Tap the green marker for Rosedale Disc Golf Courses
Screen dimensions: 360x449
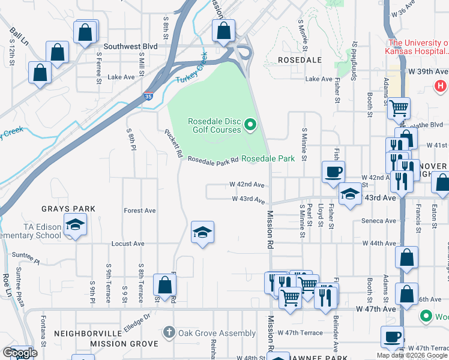pos(252,125)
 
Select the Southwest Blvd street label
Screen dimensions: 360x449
pos(130,46)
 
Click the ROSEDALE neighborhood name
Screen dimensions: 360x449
pos(300,60)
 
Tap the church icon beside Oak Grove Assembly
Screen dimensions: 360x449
pos(169,332)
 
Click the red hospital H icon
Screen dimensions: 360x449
pos(440,86)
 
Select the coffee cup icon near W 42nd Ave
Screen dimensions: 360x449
pos(333,172)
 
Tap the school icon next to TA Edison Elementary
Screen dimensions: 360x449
pos(75,225)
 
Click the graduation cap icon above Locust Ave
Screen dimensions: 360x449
pos(203,232)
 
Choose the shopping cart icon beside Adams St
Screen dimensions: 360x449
pos(399,109)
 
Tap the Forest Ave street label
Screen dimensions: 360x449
pos(139,211)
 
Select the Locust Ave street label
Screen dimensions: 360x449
pos(128,244)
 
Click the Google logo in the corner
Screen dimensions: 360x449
pos(20,353)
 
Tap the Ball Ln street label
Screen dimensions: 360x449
pos(19,35)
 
